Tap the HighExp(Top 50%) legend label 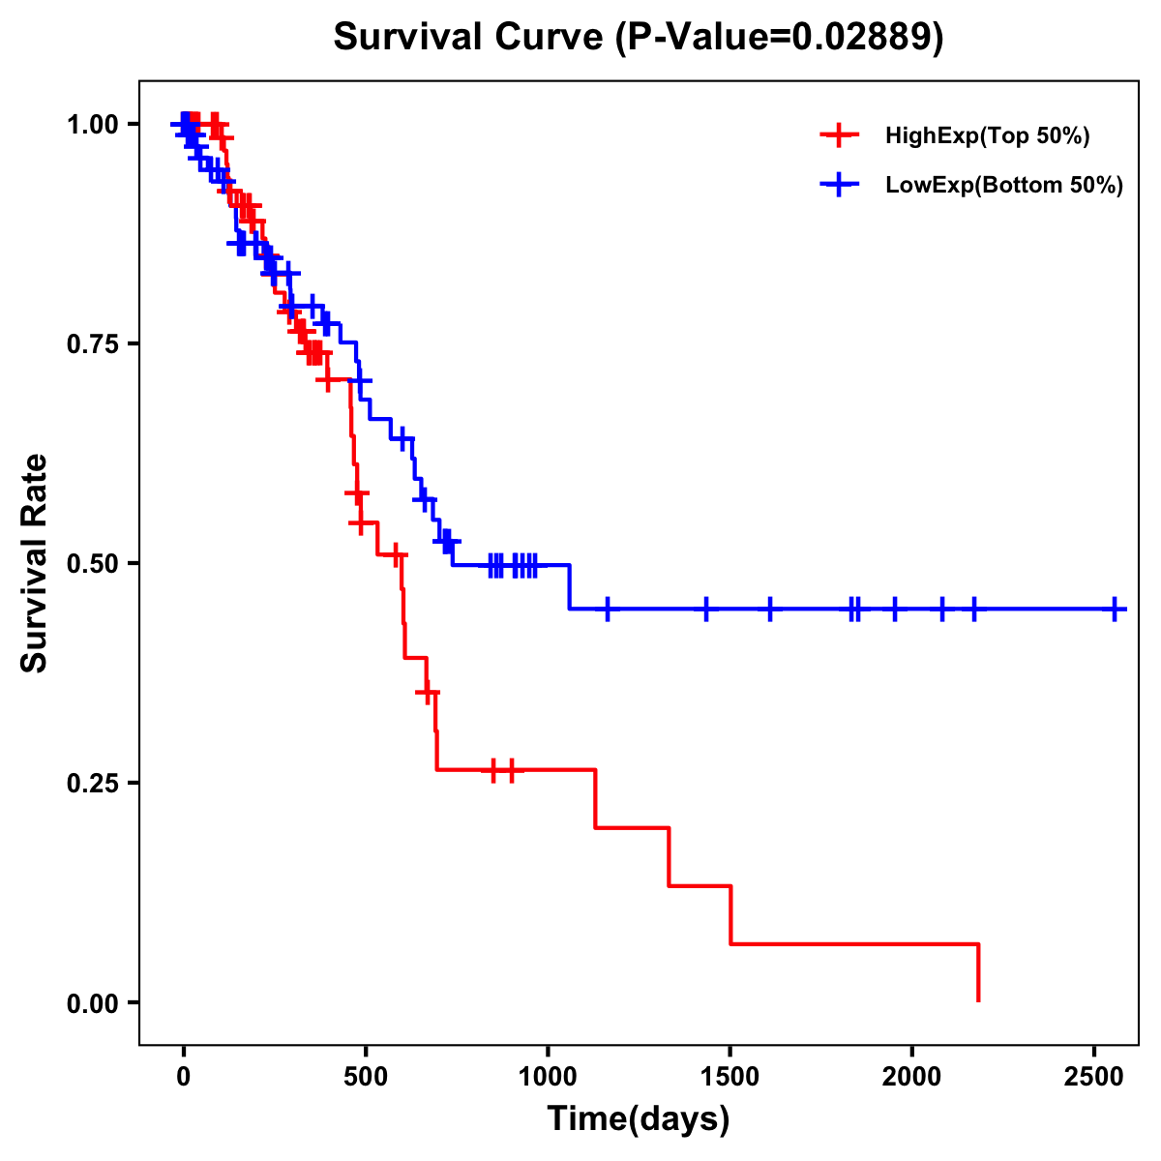coord(988,136)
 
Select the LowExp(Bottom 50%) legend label coord(1004,186)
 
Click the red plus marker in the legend coord(839,135)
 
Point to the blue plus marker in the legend coord(839,185)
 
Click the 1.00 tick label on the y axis coord(92,125)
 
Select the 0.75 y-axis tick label coord(92,344)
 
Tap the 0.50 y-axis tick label coord(92,564)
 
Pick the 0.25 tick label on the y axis coord(92,784)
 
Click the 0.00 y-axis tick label coord(92,1003)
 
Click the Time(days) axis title coord(639,1119)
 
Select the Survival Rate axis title coord(35,562)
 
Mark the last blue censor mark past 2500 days coord(1115,610)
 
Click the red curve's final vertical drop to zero coord(978,972)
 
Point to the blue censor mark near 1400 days coord(706,610)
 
